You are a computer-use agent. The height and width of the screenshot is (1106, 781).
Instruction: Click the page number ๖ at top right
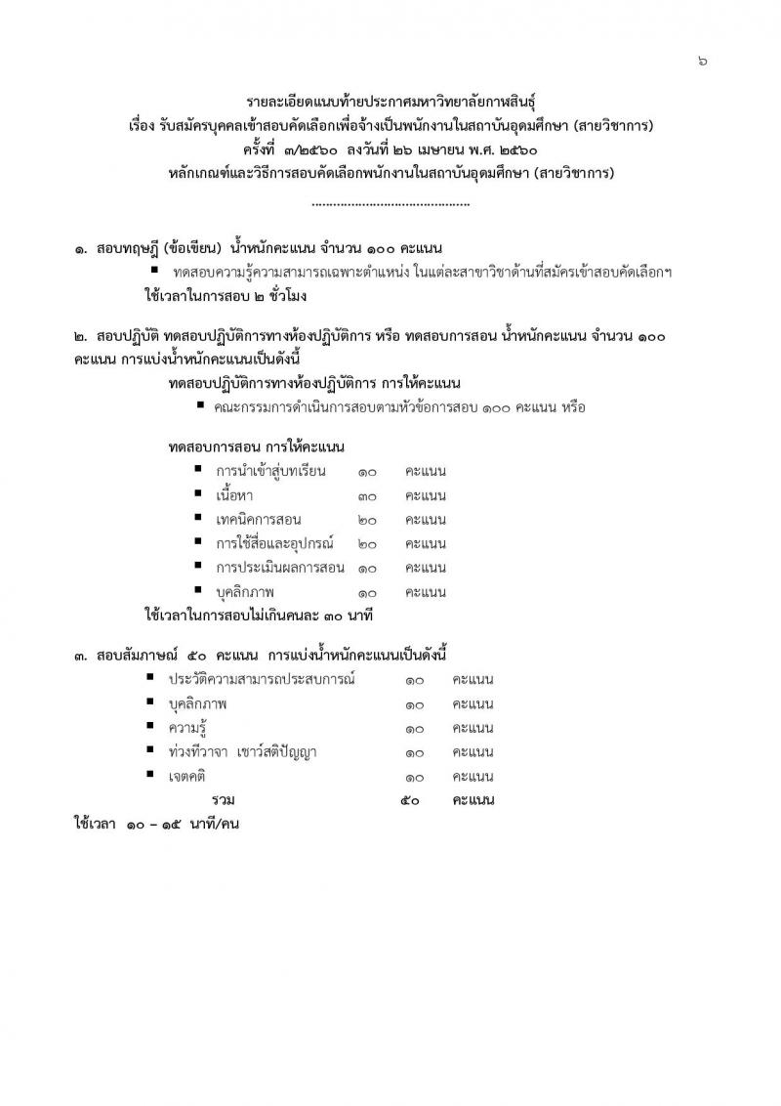click(703, 61)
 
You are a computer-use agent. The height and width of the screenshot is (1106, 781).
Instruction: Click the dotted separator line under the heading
click(390, 204)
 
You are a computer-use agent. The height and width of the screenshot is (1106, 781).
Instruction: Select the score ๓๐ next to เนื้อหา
click(367, 495)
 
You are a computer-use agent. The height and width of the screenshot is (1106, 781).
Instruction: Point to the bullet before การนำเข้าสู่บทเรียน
click(198, 470)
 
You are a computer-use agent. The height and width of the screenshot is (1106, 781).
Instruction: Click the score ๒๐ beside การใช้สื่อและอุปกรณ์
click(367, 543)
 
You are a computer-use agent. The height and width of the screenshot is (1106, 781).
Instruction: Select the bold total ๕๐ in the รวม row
click(411, 800)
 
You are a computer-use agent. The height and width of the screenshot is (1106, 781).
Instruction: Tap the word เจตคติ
click(189, 777)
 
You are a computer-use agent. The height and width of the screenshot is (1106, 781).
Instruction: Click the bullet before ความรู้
click(150, 727)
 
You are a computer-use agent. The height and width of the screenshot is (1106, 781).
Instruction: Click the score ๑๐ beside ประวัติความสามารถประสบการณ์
click(413, 680)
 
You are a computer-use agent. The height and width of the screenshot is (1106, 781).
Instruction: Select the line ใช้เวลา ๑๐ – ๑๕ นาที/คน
click(157, 825)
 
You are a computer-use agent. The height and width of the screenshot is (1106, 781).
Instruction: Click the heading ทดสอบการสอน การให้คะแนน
click(256, 447)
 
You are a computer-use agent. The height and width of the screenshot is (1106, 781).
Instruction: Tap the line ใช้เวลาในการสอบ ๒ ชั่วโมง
click(226, 293)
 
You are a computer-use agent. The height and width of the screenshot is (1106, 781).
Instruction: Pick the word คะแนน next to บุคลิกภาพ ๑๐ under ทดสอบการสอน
click(426, 592)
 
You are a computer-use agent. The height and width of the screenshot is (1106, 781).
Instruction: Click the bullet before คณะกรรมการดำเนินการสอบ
click(199, 404)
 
